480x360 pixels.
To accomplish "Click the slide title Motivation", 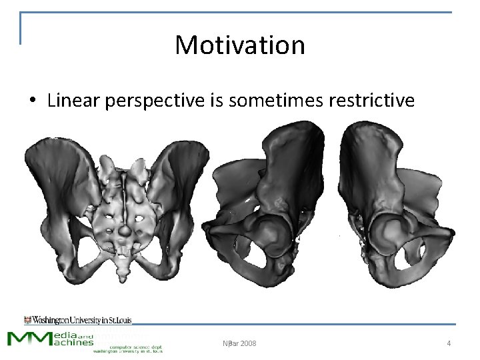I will coord(240,45).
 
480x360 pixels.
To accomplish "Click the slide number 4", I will coord(449,343).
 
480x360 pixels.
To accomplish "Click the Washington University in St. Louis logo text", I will coord(78,320).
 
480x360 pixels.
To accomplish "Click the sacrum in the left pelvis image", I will coord(123,213).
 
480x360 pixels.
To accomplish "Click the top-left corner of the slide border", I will coord(21,13).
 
